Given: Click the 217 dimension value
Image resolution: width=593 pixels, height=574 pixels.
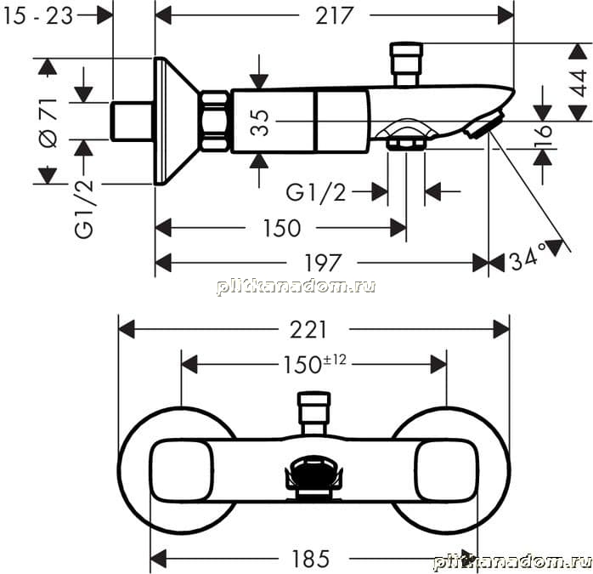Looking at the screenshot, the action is pos(335,16).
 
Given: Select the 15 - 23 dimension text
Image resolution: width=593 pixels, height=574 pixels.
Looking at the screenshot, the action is pos(37,17).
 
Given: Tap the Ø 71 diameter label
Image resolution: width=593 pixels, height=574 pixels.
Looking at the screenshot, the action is pos(49,123).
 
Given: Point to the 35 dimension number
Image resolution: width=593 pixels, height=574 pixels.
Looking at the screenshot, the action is pos(260,122).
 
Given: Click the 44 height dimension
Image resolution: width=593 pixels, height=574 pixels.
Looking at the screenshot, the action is pos(579,83).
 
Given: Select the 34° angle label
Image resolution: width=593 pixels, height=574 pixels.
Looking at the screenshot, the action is pos(528,258).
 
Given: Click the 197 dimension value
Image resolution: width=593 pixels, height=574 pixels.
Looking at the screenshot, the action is pos(323,263).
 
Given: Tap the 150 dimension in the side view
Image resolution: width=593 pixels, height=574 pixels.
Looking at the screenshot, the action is pos(282,228).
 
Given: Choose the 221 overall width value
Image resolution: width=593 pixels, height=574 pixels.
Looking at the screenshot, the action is pos(308,329).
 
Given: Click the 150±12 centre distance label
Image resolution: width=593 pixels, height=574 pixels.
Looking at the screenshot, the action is pos(314,364).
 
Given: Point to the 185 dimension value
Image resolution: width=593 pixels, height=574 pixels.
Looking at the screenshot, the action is pos(311,559).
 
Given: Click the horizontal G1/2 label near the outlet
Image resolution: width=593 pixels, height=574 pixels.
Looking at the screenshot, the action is pos(316,193).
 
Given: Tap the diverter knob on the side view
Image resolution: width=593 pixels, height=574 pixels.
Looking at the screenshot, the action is pos(406,65).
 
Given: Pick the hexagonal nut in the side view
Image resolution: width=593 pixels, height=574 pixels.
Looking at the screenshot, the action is pos(214,121).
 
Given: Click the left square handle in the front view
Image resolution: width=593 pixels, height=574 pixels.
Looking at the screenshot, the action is pos(183,470).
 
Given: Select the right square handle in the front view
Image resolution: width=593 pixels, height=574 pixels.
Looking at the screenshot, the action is pos(445,470).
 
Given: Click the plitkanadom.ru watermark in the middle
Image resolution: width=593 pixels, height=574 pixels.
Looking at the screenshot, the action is pos(296,287).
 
